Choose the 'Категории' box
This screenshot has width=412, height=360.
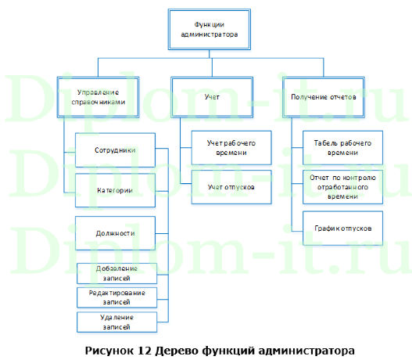click(115, 190)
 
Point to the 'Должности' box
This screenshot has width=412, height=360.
click(115, 232)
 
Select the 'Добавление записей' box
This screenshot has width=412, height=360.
click(115, 273)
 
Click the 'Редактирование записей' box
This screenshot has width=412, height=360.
click(115, 297)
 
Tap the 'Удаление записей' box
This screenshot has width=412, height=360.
click(115, 321)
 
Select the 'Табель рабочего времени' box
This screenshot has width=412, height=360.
click(342, 148)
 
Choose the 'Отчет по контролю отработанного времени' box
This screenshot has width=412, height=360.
click(342, 188)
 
